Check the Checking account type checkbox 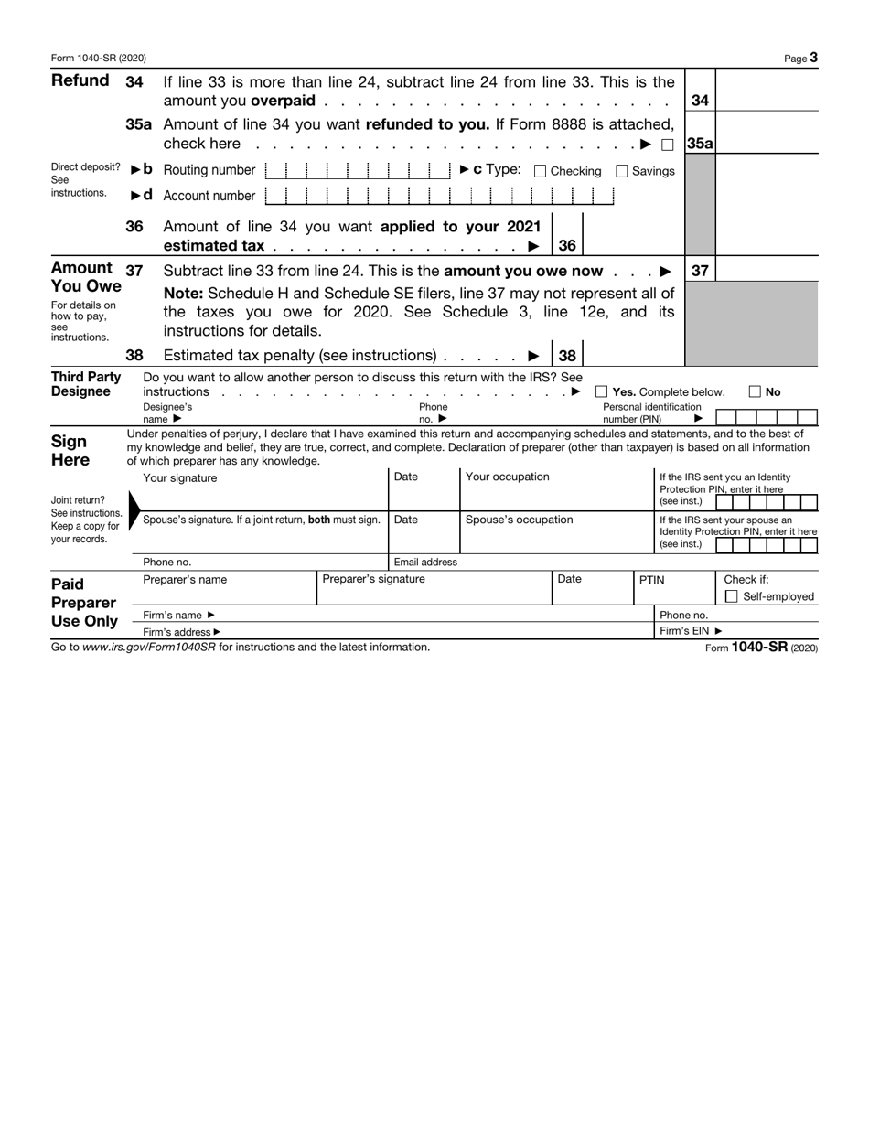pos(540,171)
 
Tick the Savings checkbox pos(622,171)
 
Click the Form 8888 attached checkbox pos(668,145)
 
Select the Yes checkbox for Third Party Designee pos(602,392)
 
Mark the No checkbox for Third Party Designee pos(755,392)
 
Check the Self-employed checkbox pos(731,597)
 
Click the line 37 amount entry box pos(767,271)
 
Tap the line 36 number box pos(567,245)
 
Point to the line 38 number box pos(567,356)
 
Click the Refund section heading pos(80,80)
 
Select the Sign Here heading pos(70,450)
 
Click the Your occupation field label pos(508,477)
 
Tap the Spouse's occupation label pos(520,520)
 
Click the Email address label pos(425,562)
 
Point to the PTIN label pos(651,579)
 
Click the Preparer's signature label pos(374,579)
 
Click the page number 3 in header pos(813,58)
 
